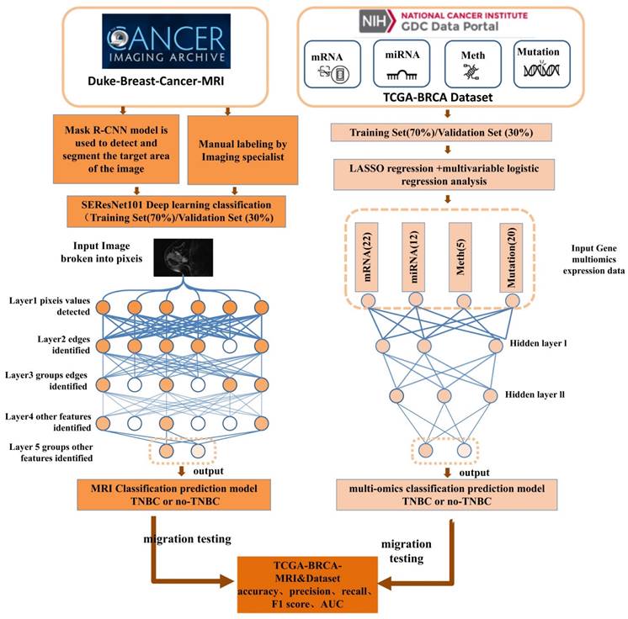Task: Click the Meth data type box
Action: coord(471,64)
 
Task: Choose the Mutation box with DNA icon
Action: coord(539,64)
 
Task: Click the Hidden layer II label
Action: coord(540,393)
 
